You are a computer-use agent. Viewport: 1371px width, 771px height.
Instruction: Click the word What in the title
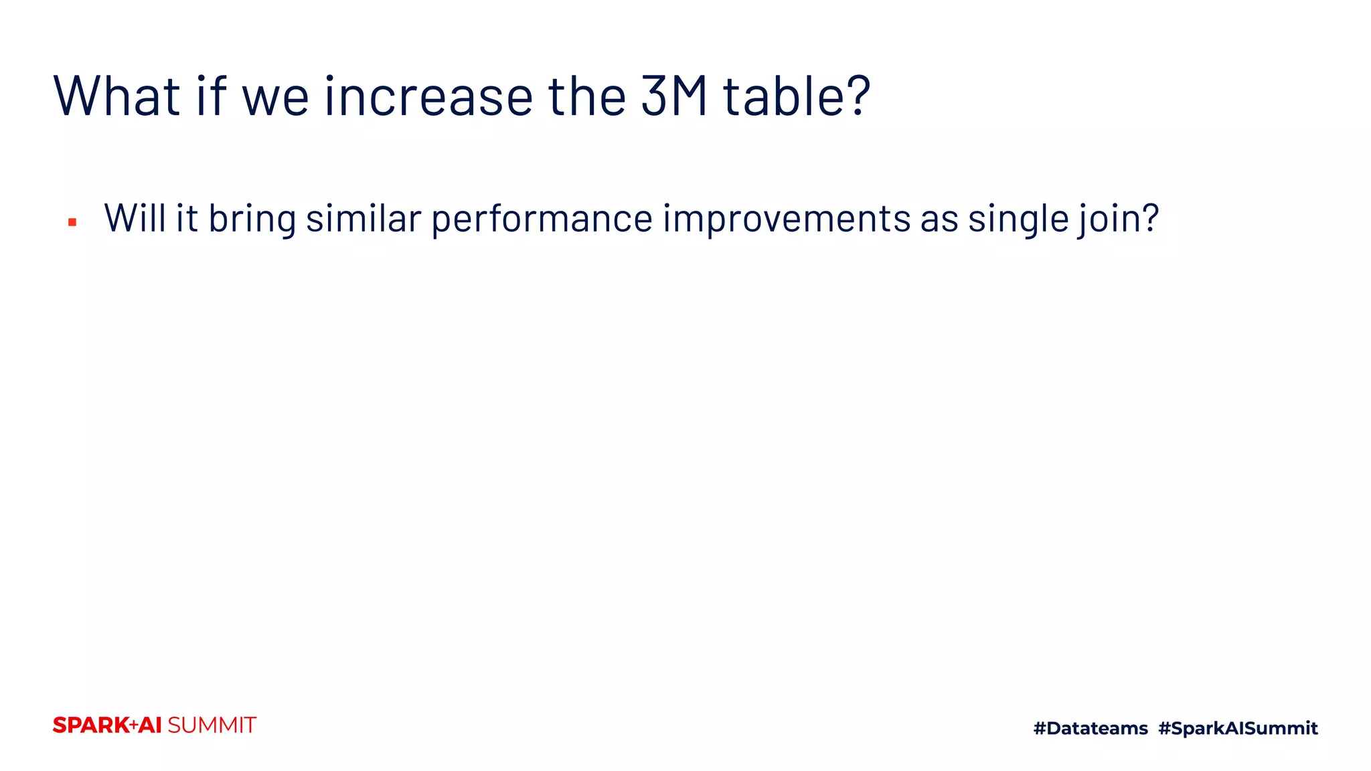pyautogui.click(x=117, y=96)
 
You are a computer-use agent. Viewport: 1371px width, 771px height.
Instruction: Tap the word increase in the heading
pyautogui.click(x=428, y=96)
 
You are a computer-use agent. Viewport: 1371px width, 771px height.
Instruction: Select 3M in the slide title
pyautogui.click(x=673, y=96)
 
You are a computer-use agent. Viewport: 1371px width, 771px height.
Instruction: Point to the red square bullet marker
pyautogui.click(x=72, y=222)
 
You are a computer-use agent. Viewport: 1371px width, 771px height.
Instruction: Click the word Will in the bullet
pyautogui.click(x=135, y=218)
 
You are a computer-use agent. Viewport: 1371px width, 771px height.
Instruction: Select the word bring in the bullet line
pyautogui.click(x=252, y=220)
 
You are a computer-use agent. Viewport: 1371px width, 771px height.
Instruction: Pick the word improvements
pyautogui.click(x=787, y=220)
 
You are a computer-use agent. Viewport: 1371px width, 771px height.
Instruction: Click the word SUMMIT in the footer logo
pyautogui.click(x=212, y=725)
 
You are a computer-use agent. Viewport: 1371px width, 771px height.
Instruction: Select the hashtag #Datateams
pyautogui.click(x=1091, y=728)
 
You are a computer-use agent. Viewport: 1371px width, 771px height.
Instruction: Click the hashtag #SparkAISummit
pyautogui.click(x=1238, y=728)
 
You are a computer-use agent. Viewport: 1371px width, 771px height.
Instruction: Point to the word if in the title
pyautogui.click(x=212, y=96)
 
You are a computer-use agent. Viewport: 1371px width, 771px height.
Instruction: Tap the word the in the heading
pyautogui.click(x=587, y=96)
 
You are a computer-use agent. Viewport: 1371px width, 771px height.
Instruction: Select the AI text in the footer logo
pyautogui.click(x=151, y=725)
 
